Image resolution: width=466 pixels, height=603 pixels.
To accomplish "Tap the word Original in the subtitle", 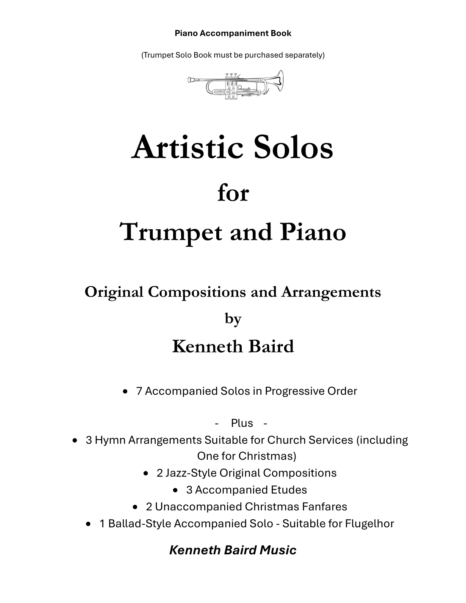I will (x=114, y=292).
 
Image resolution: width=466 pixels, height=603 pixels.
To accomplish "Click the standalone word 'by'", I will (x=233, y=318).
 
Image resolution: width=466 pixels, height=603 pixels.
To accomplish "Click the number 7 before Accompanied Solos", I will (x=139, y=391).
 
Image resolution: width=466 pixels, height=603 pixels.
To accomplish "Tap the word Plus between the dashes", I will (x=242, y=423).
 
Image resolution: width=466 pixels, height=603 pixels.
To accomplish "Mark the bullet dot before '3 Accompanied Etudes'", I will (x=176, y=490).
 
